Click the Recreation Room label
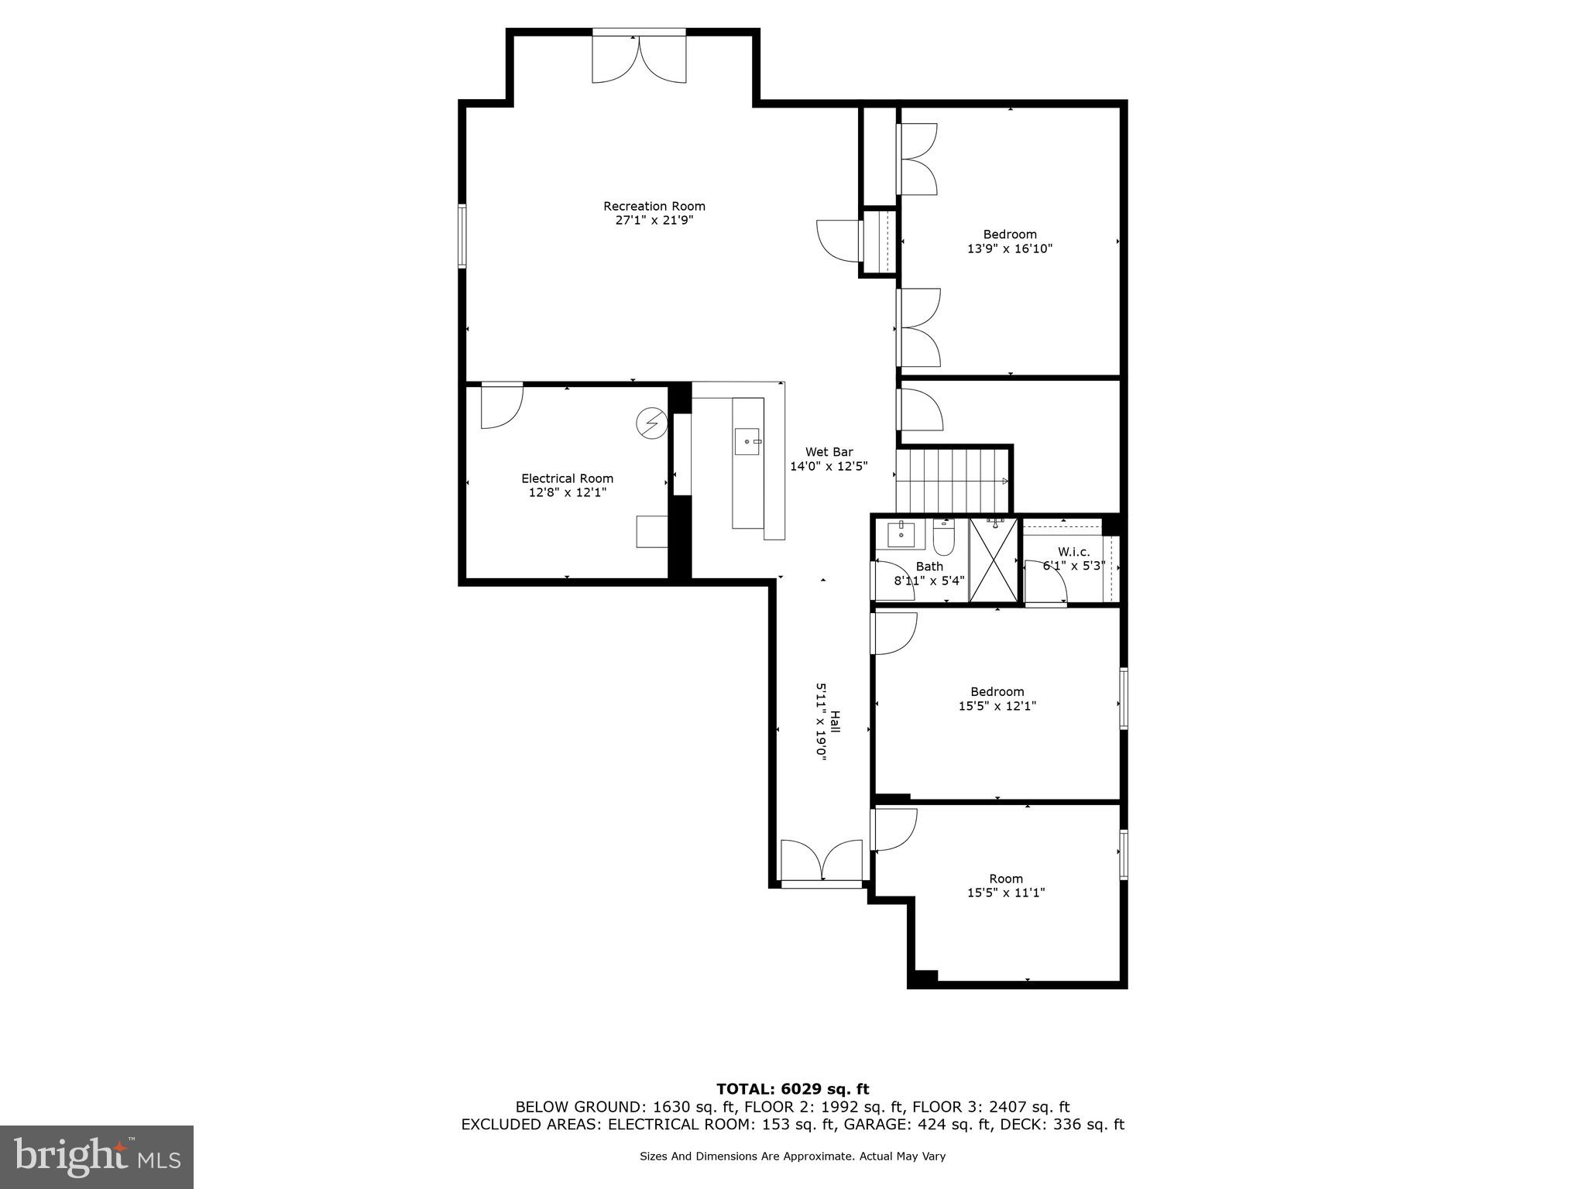tap(654, 206)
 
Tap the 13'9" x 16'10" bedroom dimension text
tap(1010, 248)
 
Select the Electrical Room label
tap(567, 478)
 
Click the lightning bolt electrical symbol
tap(651, 423)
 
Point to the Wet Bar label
tap(829, 452)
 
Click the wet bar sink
tap(748, 440)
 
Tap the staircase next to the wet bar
tap(952, 480)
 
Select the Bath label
tap(929, 567)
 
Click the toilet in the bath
tap(943, 539)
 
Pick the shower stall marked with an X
tap(993, 560)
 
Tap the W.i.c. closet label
tap(1073, 551)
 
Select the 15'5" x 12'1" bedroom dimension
tap(997, 706)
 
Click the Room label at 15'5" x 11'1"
tap(1006, 879)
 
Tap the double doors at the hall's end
tap(822, 862)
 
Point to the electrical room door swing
tap(501, 405)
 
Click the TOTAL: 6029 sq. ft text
tap(792, 1090)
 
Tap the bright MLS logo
tap(97, 1158)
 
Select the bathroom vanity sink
tap(901, 534)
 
